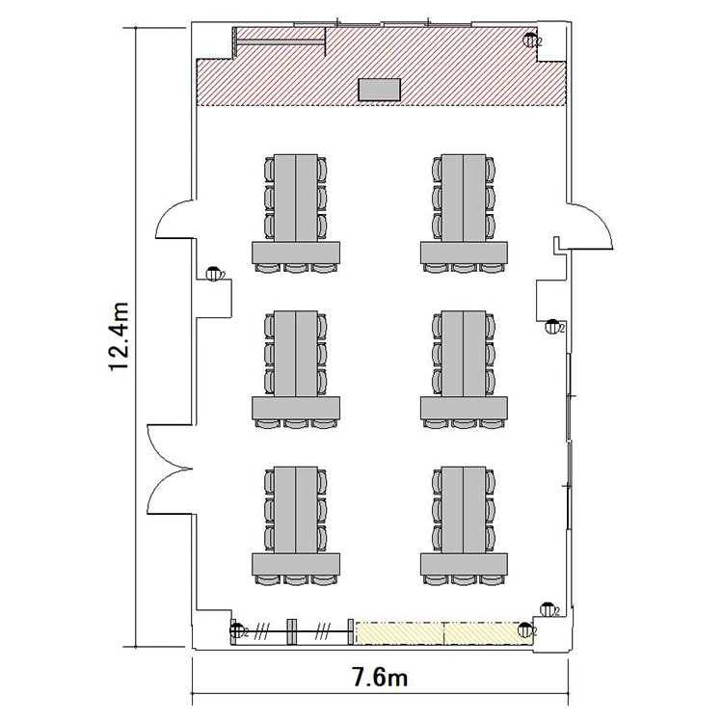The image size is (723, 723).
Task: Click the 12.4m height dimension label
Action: click(119, 336)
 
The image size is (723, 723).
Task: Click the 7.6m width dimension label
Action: click(380, 678)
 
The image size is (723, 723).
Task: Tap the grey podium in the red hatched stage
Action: click(380, 90)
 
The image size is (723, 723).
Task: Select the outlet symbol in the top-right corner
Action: click(530, 40)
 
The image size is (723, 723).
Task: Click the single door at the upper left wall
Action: click(174, 219)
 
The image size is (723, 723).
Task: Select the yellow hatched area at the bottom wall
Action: click(442, 633)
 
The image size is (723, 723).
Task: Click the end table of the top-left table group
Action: click(296, 253)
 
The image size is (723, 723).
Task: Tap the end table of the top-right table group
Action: click(464, 253)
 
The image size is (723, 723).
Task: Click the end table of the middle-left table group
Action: click(296, 408)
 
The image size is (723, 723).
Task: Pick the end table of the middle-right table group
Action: click(464, 408)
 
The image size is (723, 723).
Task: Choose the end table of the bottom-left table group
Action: click(296, 564)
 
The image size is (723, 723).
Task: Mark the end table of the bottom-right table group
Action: click(464, 564)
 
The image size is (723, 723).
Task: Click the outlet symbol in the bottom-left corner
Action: click(237, 630)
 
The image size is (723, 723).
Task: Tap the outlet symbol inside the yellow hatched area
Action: click(525, 629)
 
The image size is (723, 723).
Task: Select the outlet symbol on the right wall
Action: click(553, 327)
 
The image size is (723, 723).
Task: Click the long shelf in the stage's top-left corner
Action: click(281, 42)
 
